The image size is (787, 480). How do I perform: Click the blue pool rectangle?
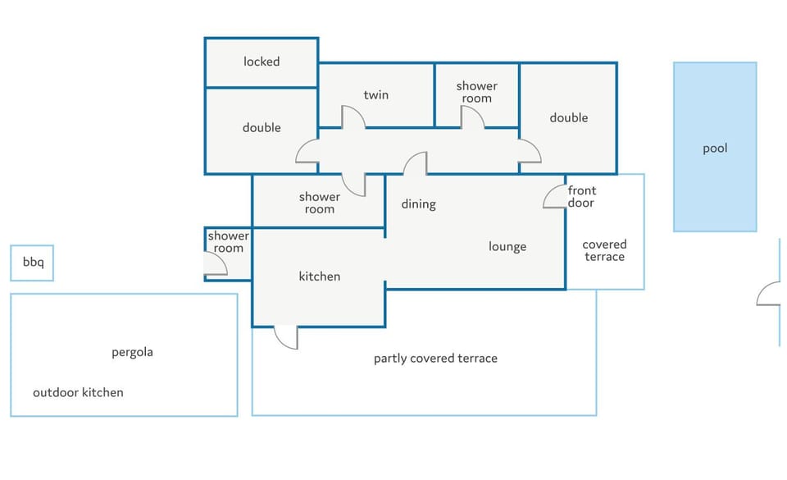coord(715,147)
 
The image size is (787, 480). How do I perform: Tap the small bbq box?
coord(32,263)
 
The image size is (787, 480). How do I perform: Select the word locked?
coord(262,62)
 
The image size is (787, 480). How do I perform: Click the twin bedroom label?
coord(376,94)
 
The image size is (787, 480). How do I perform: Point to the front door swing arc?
coord(548,194)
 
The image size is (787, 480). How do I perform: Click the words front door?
coord(582,196)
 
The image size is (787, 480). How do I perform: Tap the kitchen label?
coord(319,277)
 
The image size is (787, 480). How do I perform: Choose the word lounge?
coord(507,246)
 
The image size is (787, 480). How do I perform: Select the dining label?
coord(419,203)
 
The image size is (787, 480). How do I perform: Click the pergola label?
coord(132,353)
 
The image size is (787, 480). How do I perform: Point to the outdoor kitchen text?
coord(78,392)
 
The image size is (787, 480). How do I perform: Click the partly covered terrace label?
coord(435,358)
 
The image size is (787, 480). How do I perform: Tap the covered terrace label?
coord(604,250)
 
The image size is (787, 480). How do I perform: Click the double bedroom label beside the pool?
coord(569,117)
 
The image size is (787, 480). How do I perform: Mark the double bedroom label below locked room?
coord(262,127)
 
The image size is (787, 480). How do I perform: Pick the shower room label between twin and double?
coord(477,92)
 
